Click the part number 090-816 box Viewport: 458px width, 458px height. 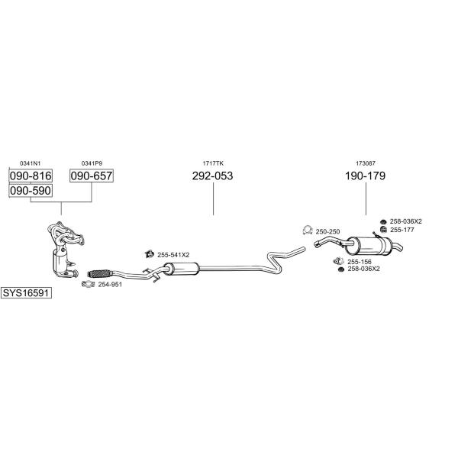[30, 176]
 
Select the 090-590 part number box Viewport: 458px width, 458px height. [30, 190]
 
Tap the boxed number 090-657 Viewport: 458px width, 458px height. [92, 176]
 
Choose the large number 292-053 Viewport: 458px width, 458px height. [212, 176]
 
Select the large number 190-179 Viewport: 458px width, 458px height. [365, 176]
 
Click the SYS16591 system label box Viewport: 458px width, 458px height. [26, 293]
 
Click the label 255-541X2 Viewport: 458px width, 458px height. [173, 254]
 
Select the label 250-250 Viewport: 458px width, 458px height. [327, 231]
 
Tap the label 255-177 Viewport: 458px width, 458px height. [402, 229]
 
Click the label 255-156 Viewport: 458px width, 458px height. [359, 261]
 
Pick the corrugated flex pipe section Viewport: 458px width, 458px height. [100, 272]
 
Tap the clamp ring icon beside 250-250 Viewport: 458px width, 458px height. [307, 231]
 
